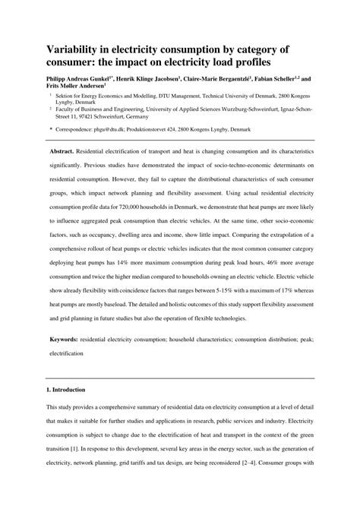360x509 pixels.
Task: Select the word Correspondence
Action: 73,131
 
